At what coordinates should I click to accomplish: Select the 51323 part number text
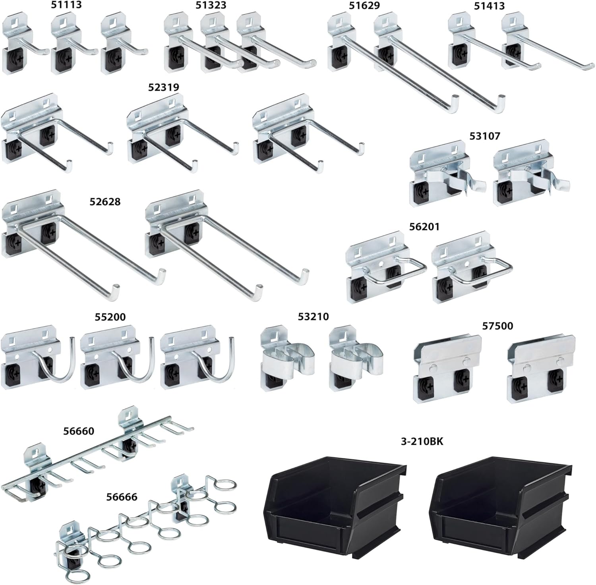(211, 5)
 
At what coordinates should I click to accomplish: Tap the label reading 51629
(364, 6)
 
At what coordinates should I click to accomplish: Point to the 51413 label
(489, 6)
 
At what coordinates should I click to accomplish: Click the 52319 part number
(163, 87)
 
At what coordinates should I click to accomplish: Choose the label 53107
(484, 136)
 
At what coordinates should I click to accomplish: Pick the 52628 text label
(104, 202)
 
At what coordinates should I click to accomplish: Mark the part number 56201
(424, 227)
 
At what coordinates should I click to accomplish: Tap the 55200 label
(110, 317)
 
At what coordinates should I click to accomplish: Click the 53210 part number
(313, 317)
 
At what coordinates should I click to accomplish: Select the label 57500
(497, 326)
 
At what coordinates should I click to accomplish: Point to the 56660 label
(79, 431)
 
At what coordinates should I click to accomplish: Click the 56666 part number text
(122, 497)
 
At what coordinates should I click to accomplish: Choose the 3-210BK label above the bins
(422, 441)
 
